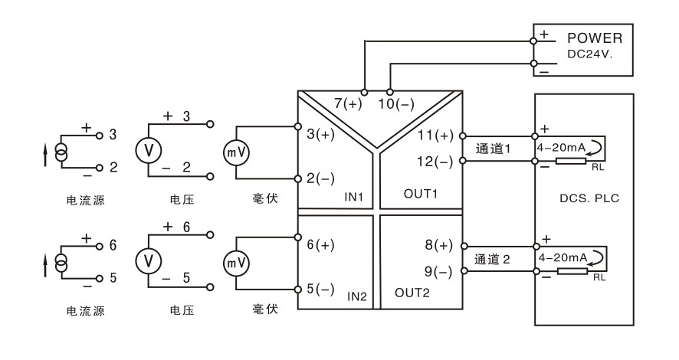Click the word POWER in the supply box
(595, 38)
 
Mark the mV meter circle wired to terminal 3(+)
(236, 152)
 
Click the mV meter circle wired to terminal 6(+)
(236, 263)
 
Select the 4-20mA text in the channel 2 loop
(562, 258)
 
